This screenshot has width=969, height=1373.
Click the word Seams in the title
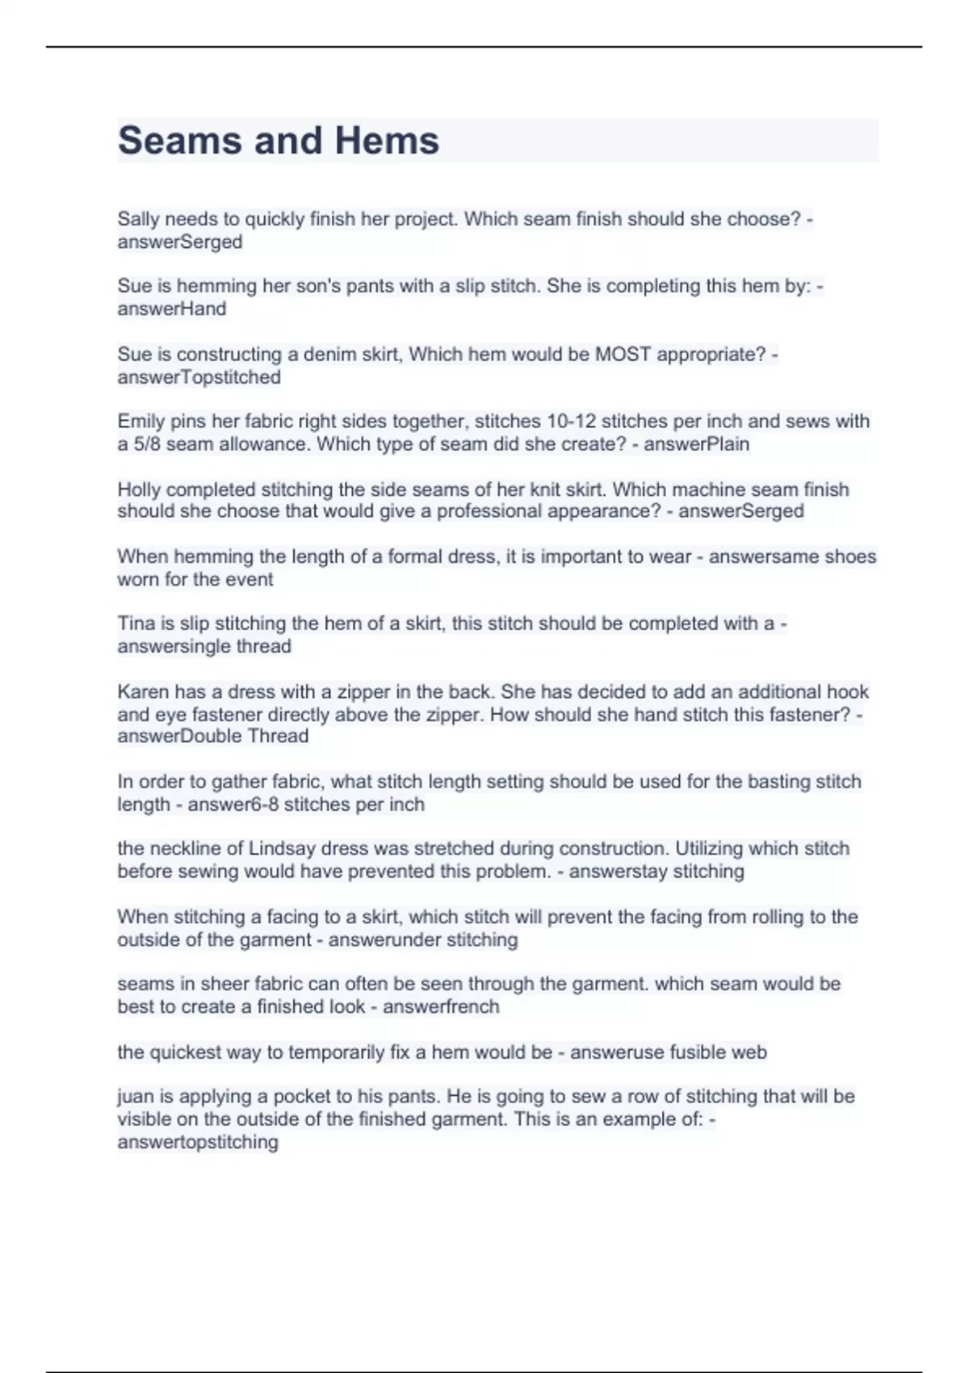179,141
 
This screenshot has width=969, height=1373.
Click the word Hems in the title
387,141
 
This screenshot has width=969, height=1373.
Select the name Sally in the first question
138,219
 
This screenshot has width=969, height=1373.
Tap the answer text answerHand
171,309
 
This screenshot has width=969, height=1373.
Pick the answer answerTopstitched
199,377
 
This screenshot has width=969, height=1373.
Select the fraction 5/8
145,444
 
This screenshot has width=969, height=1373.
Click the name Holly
139,489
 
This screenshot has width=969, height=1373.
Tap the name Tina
135,624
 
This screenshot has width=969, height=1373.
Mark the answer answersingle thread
203,646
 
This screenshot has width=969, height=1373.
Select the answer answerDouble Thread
212,736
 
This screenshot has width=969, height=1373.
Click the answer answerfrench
441,1006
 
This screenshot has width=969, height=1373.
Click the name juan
134,1097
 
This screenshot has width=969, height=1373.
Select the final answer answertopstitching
197,1142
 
